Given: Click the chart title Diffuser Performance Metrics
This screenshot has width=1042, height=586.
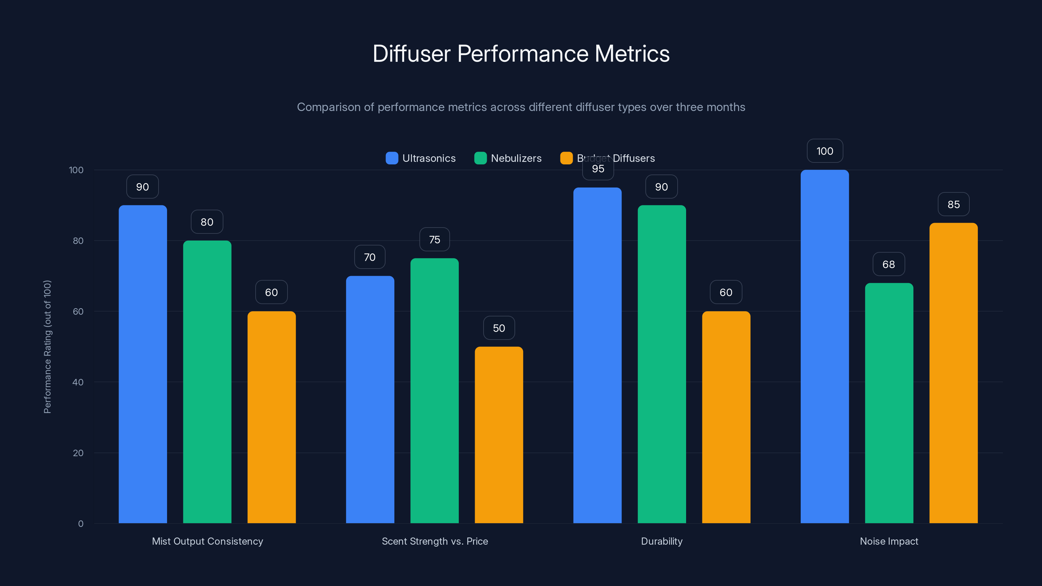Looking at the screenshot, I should (x=521, y=54).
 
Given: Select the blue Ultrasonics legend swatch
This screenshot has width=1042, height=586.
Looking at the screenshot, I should (x=391, y=158).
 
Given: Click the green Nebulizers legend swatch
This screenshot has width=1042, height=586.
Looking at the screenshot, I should (x=480, y=158).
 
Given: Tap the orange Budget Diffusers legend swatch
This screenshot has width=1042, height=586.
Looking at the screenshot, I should (x=566, y=158).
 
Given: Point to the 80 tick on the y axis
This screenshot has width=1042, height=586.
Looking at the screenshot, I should (x=78, y=241).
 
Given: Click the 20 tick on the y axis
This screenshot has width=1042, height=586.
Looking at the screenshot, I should (x=78, y=453).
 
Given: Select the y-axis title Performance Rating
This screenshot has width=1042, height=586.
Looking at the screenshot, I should (x=47, y=347).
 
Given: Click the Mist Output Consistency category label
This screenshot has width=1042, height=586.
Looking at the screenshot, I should (x=207, y=541).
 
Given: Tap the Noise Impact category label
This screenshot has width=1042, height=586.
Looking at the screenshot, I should (x=889, y=541).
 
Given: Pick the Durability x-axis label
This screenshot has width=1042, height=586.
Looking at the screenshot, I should (x=661, y=541).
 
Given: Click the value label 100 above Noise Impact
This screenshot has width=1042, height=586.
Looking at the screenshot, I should (x=824, y=151).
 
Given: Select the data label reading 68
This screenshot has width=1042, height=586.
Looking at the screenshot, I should (x=888, y=264).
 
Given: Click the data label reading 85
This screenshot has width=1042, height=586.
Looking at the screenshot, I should (x=953, y=205).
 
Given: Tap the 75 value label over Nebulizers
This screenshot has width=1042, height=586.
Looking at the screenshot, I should (x=434, y=240).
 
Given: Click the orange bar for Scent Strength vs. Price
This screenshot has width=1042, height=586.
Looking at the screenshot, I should (x=499, y=435).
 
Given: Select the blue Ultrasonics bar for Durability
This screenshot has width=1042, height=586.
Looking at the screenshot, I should (x=597, y=356).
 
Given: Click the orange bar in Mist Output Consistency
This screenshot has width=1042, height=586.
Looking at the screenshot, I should (x=272, y=417).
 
